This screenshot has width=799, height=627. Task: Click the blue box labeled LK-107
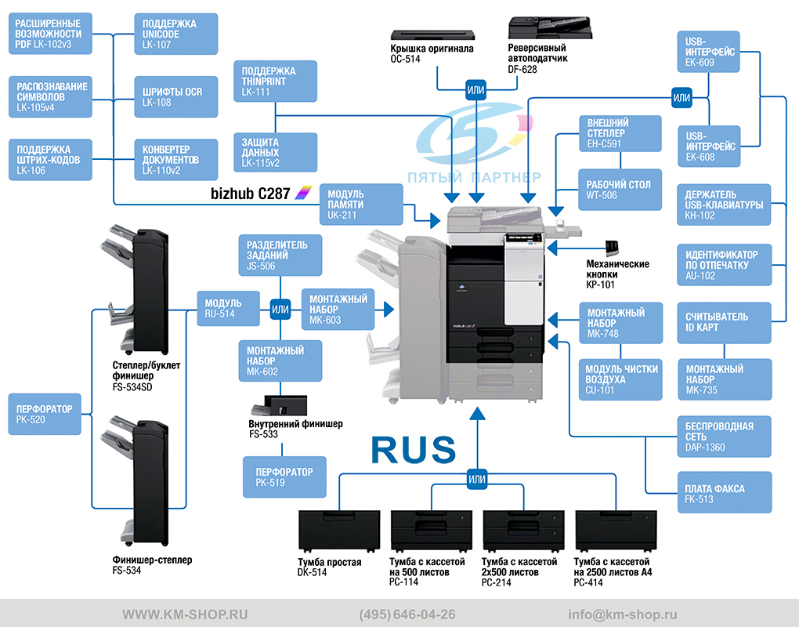tap(175, 34)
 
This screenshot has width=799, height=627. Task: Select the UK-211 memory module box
tap(361, 205)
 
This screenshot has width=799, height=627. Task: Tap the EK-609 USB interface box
tap(708, 52)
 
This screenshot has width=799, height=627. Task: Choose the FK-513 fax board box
tap(724, 492)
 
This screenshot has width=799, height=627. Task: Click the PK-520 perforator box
tap(45, 414)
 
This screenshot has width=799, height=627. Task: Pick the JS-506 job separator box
tap(280, 255)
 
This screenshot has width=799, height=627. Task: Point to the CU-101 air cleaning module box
tap(620, 380)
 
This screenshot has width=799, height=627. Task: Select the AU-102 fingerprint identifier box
tap(724, 265)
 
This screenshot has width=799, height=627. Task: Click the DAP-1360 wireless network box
tap(724, 437)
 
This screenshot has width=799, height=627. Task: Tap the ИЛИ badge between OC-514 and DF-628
tap(476, 90)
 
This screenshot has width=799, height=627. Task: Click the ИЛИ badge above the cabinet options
tap(477, 479)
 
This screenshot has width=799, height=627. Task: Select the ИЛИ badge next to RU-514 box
tap(280, 309)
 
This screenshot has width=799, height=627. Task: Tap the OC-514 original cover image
tap(432, 34)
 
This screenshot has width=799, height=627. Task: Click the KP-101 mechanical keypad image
tap(612, 248)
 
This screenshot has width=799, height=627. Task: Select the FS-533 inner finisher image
tap(279, 405)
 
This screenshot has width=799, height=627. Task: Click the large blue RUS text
tap(414, 450)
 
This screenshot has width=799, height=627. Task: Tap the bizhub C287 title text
tap(250, 194)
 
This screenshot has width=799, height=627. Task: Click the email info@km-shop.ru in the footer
tap(623, 614)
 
